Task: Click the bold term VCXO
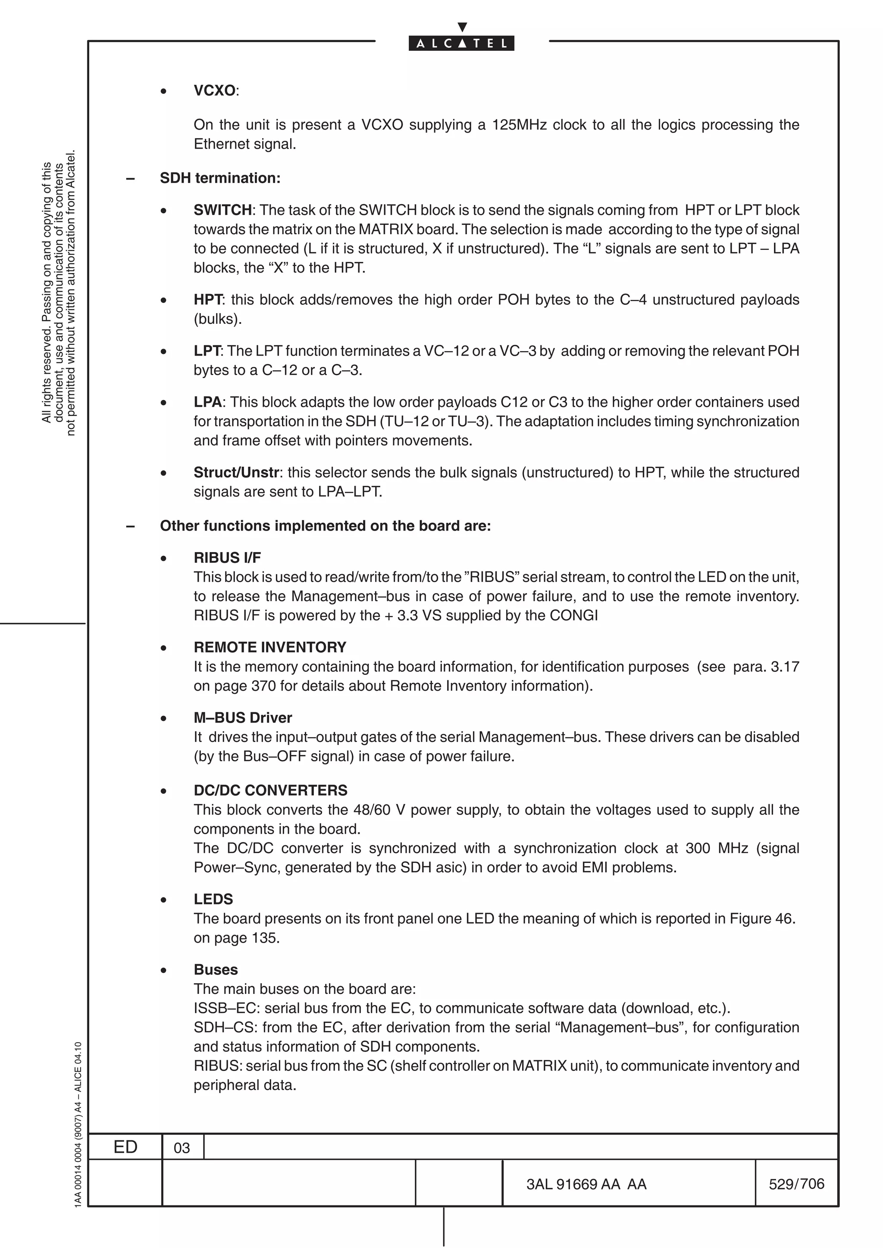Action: click(214, 91)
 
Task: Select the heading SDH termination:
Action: click(220, 178)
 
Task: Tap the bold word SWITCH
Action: click(222, 210)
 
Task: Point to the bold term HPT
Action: click(207, 300)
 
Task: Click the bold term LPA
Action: click(207, 402)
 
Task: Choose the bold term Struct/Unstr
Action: click(236, 473)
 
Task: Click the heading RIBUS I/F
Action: click(227, 558)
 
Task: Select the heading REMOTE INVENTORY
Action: click(270, 647)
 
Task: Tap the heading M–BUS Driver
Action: click(243, 718)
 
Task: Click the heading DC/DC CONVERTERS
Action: click(270, 790)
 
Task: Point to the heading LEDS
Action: click(213, 900)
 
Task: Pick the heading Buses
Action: click(216, 970)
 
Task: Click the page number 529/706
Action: click(796, 1184)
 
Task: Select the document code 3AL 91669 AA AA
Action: click(586, 1184)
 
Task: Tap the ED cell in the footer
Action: click(125, 1147)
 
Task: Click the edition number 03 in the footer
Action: click(182, 1148)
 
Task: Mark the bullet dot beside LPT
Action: click(163, 352)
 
